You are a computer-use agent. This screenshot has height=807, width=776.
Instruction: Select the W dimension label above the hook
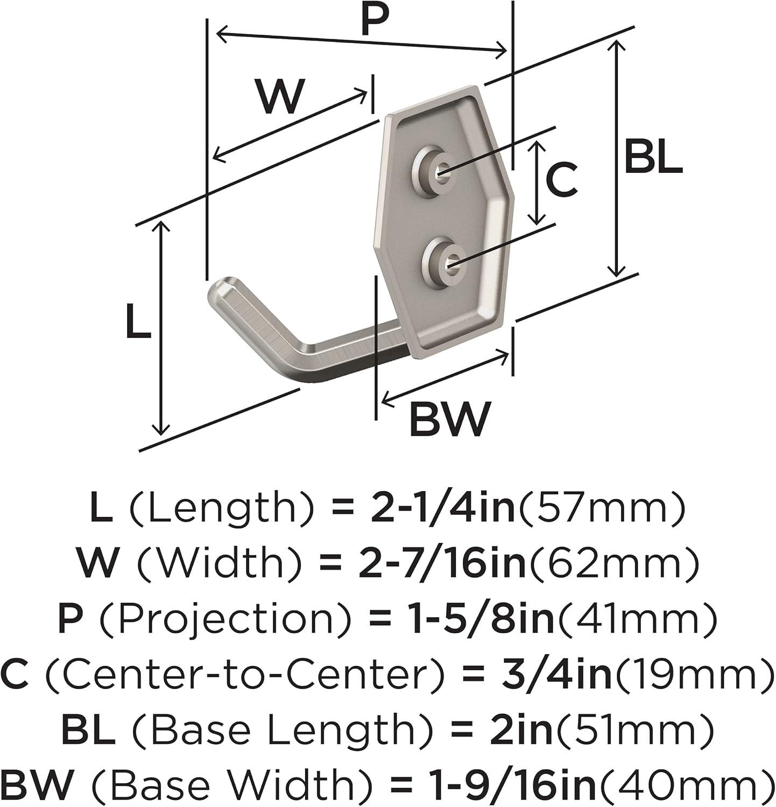(281, 96)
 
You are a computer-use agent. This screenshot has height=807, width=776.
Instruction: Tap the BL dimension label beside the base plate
(653, 156)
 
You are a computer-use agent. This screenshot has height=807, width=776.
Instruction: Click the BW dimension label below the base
(450, 418)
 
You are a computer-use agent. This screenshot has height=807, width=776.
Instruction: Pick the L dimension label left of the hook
(138, 321)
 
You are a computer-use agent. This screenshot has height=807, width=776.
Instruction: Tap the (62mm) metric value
(613, 563)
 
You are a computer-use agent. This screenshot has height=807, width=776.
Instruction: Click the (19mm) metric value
(693, 675)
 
